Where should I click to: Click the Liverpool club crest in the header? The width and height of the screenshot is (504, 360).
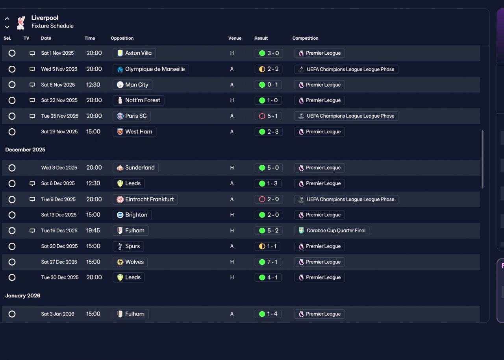coord(21,22)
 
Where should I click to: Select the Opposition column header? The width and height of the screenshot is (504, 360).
coord(122,38)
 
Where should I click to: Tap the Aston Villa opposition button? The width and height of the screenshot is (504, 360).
coord(134,53)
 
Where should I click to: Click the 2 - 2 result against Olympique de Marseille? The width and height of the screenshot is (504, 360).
coord(269,69)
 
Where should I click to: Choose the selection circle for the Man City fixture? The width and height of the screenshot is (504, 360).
coord(12,85)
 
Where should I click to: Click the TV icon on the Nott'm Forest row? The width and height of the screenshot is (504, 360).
coord(32,100)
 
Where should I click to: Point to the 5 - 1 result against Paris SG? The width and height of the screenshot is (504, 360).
coord(268,116)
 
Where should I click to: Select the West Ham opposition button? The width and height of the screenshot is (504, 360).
coord(134,132)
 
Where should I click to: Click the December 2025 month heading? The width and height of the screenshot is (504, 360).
coord(25,150)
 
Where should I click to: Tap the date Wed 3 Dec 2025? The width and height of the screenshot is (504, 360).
coord(59,168)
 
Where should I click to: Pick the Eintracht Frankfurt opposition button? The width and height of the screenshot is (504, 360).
coord(145,199)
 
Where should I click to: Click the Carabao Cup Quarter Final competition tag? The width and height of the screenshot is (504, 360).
coord(332,231)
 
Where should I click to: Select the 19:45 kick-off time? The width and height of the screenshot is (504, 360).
coord(93,231)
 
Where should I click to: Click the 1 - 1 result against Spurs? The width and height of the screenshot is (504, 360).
coord(267,246)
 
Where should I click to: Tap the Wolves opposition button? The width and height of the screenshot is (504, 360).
coord(130,262)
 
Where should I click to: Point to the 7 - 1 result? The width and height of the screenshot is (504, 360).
coord(268,262)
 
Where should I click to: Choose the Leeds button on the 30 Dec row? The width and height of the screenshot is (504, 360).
coord(128,277)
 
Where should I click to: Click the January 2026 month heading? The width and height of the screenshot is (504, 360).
coord(23,296)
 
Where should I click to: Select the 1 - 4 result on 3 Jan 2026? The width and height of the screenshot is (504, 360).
coord(268,314)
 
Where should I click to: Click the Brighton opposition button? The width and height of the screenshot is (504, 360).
coord(132,215)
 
